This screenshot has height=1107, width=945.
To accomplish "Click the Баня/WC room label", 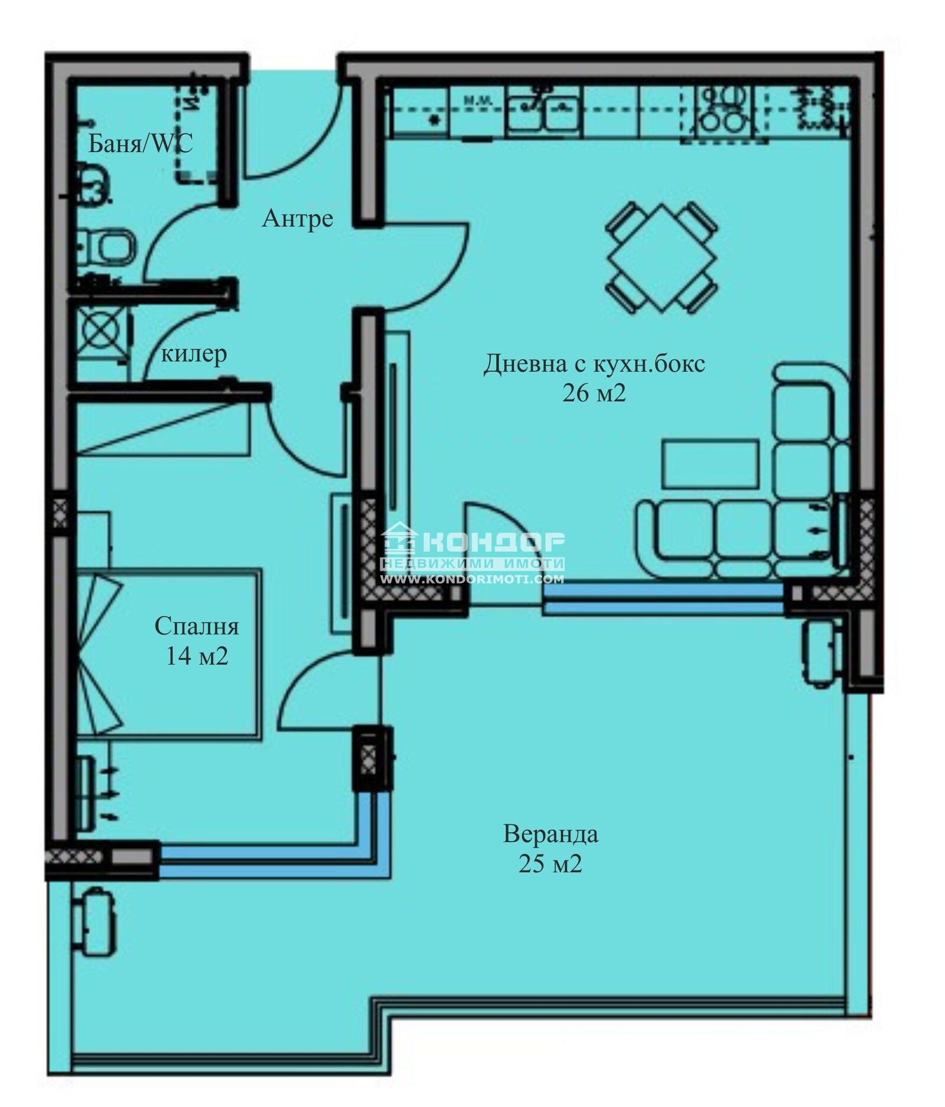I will point(140,144).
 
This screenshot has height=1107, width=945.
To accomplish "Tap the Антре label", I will point(297,219).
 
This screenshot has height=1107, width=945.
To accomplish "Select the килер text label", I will point(194,354).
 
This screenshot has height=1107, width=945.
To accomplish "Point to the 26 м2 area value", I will point(594,393).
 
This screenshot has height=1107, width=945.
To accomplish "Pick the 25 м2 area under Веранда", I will point(550,864).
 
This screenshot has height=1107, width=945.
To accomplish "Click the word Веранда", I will point(550,835).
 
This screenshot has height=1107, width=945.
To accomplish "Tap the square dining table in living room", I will point(661,258).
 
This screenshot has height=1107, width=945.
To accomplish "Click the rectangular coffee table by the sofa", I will point(709,464).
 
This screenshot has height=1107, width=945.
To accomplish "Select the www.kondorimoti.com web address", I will point(472,579).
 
